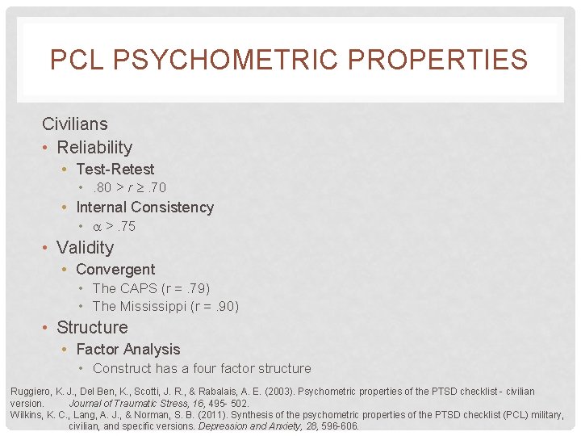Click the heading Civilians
(x=74, y=124)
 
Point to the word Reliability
(x=94, y=148)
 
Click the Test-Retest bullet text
(x=115, y=170)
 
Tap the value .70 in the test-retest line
(x=155, y=188)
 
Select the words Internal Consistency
(x=144, y=208)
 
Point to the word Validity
(x=85, y=248)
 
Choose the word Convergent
(x=115, y=270)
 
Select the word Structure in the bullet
(x=92, y=328)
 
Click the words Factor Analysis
(x=127, y=350)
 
